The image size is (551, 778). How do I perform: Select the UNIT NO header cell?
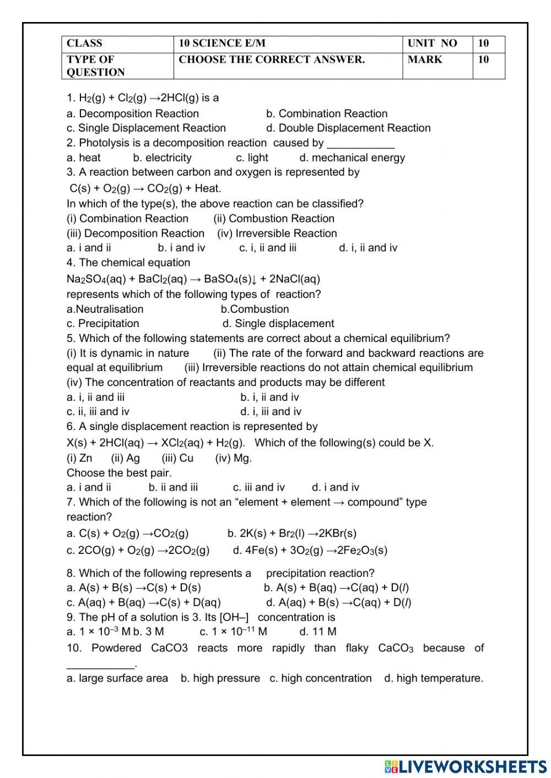point(432,43)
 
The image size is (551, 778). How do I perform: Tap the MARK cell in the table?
point(425,59)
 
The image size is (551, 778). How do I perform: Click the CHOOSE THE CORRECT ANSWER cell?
point(272,59)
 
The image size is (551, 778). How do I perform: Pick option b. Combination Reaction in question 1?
point(327,114)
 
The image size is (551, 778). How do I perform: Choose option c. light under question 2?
point(252,158)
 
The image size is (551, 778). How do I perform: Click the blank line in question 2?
point(360,144)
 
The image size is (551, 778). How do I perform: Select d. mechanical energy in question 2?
point(352,158)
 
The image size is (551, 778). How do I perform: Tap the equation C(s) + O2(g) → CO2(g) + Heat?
point(145,188)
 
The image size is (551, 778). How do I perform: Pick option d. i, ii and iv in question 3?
point(368,248)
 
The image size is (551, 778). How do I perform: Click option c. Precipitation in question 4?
point(103,324)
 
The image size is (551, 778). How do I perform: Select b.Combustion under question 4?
point(255,309)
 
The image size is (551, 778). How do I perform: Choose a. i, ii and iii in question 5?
point(96,398)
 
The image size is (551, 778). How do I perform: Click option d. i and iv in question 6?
point(335,487)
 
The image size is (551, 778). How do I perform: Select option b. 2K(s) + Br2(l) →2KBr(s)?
point(291,534)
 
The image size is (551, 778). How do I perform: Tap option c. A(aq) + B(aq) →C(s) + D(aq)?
point(144,603)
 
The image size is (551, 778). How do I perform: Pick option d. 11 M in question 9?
point(317,632)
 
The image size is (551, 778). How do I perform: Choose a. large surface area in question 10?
point(117,678)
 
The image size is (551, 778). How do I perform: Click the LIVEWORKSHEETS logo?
point(466,766)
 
